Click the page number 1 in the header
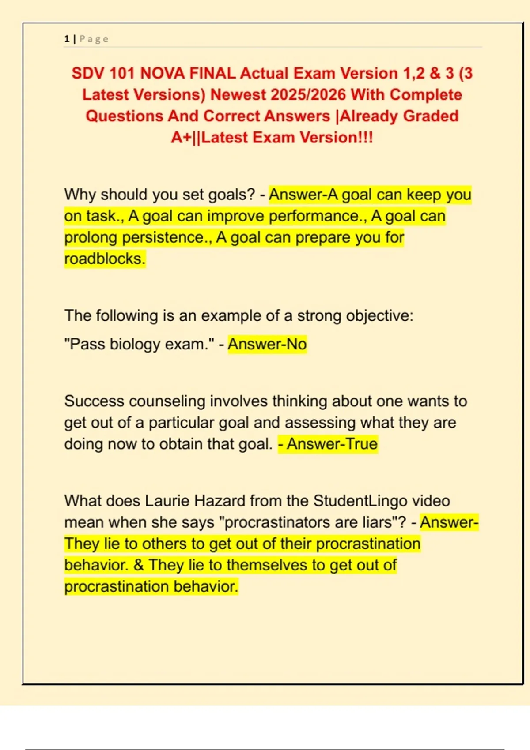coord(67,39)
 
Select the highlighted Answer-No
coord(267,344)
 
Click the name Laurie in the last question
coord(167,501)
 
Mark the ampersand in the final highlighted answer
coord(139,565)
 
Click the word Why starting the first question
coord(80,195)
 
